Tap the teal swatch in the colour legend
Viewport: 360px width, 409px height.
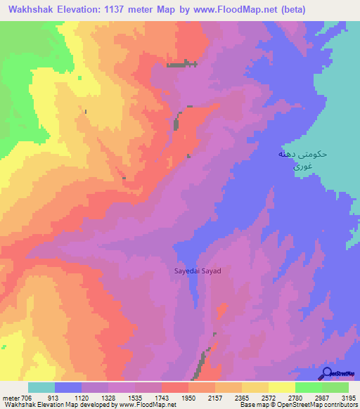point(41,387)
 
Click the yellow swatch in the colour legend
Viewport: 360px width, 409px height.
point(255,387)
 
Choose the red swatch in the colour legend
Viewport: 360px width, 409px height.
point(175,387)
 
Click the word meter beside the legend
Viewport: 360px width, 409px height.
point(10,398)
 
